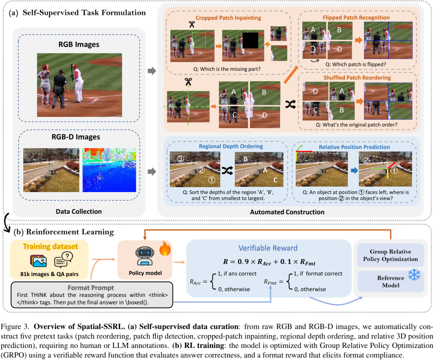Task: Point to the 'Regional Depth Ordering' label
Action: [231, 146]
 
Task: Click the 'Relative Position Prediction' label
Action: [354, 147]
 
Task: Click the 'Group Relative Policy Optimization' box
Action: [390, 255]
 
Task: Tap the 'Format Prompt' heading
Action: [91, 288]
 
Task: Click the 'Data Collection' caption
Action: [78, 211]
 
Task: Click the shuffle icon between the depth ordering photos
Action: [226, 171]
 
